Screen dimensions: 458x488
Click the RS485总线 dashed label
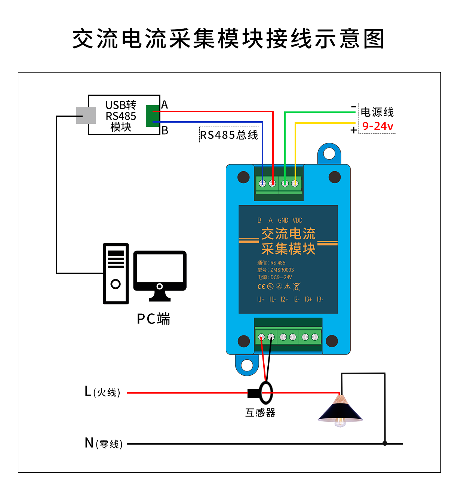pyautogui.click(x=229, y=134)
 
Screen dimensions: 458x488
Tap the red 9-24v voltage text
pyautogui.click(x=378, y=126)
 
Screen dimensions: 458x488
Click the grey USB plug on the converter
pyautogui.click(x=86, y=116)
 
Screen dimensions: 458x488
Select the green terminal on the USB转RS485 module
pyautogui.click(x=153, y=116)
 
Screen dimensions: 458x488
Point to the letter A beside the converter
pyautogui.click(x=165, y=105)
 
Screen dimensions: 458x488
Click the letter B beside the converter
pyautogui.click(x=165, y=131)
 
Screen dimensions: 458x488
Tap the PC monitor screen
pyautogui.click(x=160, y=268)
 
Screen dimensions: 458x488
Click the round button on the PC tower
pyautogui.click(x=116, y=284)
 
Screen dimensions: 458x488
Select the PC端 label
pyautogui.click(x=153, y=319)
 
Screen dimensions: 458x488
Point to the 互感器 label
pyautogui.click(x=260, y=412)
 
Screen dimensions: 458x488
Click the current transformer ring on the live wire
pyautogui.click(x=266, y=393)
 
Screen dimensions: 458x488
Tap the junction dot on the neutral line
pyautogui.click(x=385, y=443)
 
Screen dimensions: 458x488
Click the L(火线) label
pyautogui.click(x=102, y=392)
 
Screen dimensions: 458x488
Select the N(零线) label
pyautogui.click(x=104, y=443)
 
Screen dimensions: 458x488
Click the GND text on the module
pyautogui.click(x=283, y=220)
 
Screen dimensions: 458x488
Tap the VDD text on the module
pyautogui.click(x=297, y=220)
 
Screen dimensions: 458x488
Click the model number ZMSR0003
pyautogui.click(x=282, y=270)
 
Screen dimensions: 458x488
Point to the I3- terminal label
pyautogui.click(x=320, y=299)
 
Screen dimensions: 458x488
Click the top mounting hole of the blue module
pyautogui.click(x=329, y=154)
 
